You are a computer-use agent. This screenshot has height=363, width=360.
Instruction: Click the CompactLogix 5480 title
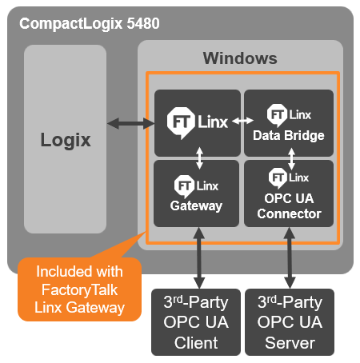90,24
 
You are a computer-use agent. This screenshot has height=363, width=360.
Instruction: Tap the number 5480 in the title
143,23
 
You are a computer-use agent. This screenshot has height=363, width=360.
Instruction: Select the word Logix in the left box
66,141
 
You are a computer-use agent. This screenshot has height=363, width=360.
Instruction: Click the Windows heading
240,58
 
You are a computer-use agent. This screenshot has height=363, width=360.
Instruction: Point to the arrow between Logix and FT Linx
130,123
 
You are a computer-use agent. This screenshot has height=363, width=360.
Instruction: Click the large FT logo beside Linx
181,122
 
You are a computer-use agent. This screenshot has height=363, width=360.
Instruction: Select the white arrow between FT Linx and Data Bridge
242,121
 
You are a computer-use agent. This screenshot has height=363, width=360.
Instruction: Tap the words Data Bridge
289,135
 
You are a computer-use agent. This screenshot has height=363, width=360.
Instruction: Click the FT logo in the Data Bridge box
278,114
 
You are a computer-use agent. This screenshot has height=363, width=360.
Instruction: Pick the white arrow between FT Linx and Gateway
199,158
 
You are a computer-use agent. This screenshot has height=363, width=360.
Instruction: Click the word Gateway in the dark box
196,206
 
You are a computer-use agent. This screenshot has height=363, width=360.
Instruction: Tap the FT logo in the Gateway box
184,186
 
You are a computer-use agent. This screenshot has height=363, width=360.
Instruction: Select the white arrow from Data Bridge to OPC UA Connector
291,159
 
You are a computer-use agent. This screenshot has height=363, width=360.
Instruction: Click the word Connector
290,213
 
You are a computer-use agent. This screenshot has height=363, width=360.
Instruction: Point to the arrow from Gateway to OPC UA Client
199,257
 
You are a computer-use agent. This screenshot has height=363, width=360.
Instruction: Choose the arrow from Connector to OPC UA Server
290,257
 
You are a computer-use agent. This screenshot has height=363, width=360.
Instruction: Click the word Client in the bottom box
196,343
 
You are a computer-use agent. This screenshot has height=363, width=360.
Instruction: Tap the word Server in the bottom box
290,343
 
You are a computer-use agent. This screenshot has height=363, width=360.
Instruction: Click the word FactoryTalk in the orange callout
79,290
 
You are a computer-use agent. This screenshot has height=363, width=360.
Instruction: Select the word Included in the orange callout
62,272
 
